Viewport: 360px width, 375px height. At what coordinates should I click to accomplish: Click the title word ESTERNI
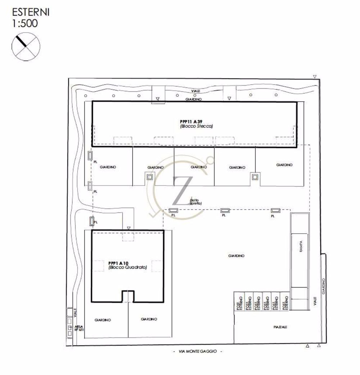click(31, 12)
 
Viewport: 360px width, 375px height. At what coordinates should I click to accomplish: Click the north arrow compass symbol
click(26, 46)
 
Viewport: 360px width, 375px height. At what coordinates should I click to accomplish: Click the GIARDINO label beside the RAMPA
click(236, 256)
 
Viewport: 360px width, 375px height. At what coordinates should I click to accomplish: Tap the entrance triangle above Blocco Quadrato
click(129, 228)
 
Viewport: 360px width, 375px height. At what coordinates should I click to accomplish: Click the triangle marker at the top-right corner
click(315, 77)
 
